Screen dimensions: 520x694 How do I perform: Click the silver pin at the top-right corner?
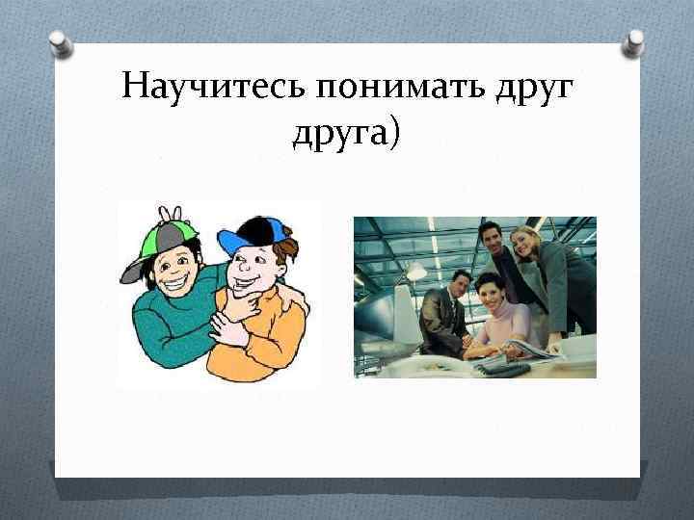634,41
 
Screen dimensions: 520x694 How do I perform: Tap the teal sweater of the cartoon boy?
164,327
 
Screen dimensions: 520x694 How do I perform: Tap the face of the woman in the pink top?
488,289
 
